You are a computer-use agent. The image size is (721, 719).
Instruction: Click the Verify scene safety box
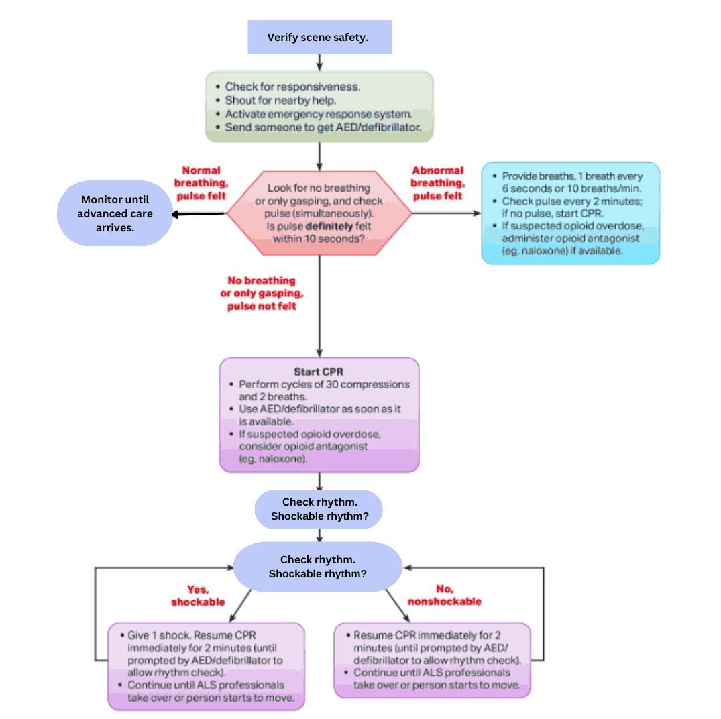click(319, 37)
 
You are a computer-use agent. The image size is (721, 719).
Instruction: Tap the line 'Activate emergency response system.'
click(318, 114)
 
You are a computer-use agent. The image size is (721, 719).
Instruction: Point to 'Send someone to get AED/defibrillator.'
click(323, 127)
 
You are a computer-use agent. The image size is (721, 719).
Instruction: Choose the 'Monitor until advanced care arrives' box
click(115, 213)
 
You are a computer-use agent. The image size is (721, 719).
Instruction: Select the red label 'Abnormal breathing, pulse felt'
click(437, 183)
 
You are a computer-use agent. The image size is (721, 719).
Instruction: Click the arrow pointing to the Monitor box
click(198, 215)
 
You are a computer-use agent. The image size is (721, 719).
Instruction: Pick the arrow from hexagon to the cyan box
click(446, 214)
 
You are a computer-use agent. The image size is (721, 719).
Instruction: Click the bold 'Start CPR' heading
click(319, 372)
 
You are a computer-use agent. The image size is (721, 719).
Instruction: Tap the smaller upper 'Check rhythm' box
click(319, 509)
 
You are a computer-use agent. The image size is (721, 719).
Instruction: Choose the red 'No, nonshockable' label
click(444, 596)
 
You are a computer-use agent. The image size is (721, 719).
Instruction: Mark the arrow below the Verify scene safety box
click(319, 62)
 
